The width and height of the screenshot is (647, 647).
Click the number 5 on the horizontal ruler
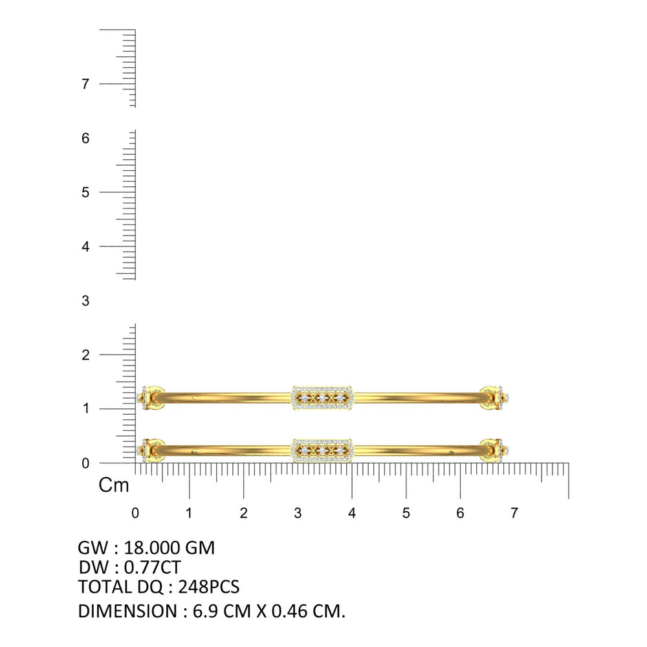point(406,513)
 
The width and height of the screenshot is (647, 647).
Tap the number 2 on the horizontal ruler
point(243,513)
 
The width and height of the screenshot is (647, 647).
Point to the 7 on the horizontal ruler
point(514,513)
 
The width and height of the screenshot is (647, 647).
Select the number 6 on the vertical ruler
point(85,138)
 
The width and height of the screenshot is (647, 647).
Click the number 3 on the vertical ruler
point(85,301)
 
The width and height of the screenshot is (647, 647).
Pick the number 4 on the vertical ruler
point(85,247)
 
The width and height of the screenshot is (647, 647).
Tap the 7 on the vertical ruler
point(85,84)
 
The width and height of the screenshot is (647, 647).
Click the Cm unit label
point(113,485)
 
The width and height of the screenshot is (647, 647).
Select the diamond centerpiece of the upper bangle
point(322,398)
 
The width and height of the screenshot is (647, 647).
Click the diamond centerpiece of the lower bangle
point(322,450)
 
